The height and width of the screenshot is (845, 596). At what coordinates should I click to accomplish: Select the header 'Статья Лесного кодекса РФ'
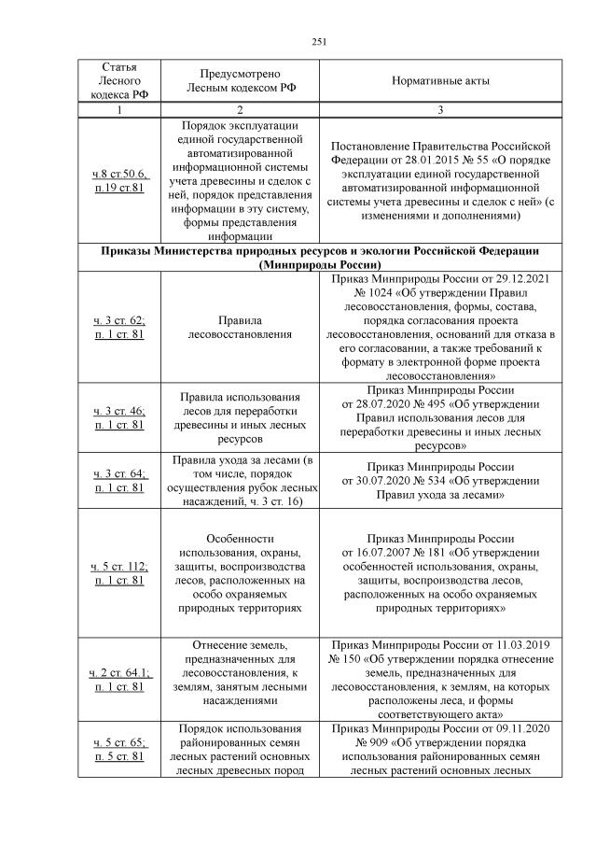[119, 81]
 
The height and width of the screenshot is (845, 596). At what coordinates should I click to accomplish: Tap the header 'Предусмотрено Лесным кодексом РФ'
[241, 81]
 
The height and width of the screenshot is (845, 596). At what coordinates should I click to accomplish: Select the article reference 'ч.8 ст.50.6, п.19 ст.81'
[119, 180]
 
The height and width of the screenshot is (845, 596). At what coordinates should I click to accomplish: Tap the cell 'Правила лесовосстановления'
[241, 327]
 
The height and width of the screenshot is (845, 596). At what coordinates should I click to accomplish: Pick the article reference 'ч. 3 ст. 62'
[119, 320]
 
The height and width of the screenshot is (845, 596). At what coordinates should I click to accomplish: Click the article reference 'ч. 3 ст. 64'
[119, 473]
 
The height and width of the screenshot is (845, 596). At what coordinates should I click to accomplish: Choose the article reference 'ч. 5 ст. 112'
[119, 567]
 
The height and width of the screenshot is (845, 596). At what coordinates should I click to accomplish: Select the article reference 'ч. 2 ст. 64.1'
[119, 673]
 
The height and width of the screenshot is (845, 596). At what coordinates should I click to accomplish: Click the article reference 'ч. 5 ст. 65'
[119, 743]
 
